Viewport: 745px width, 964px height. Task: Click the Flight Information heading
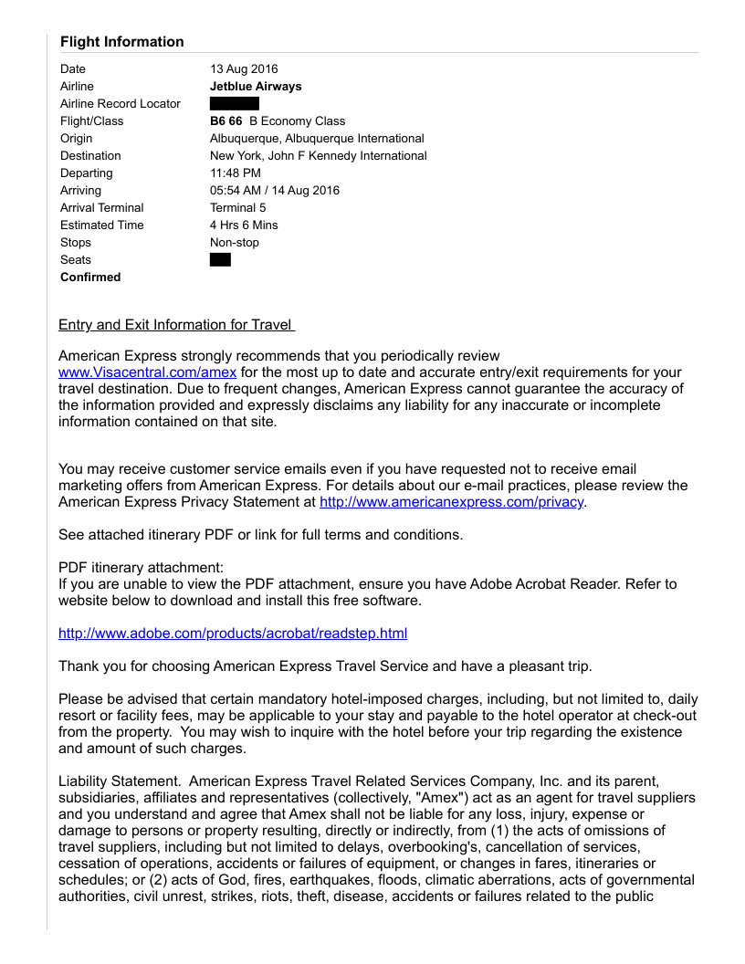pos(121,42)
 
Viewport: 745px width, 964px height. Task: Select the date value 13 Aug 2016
pos(244,69)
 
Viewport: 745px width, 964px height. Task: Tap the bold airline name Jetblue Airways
pos(256,87)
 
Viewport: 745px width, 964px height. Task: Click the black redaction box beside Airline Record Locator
pos(235,104)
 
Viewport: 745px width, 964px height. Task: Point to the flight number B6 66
pos(226,121)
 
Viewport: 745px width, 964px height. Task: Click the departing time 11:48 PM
pos(236,173)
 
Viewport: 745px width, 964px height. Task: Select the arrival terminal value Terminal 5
pos(238,208)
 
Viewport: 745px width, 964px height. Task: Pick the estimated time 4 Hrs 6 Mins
pos(244,225)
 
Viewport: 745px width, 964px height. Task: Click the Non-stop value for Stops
pos(235,243)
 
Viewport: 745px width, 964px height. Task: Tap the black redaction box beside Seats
pos(220,260)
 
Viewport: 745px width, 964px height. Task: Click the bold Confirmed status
pos(90,278)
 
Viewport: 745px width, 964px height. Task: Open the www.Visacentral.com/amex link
pos(148,372)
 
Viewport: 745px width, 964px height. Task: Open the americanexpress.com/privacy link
pos(451,502)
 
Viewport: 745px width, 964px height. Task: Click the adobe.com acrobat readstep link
pos(233,634)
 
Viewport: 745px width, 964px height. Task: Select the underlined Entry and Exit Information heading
pos(176,325)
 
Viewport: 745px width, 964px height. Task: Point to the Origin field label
pos(77,139)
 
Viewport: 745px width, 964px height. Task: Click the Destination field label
pos(90,156)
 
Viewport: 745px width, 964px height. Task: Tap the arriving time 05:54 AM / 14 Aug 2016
pos(275,191)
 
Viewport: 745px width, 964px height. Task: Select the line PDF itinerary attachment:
pos(141,568)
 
